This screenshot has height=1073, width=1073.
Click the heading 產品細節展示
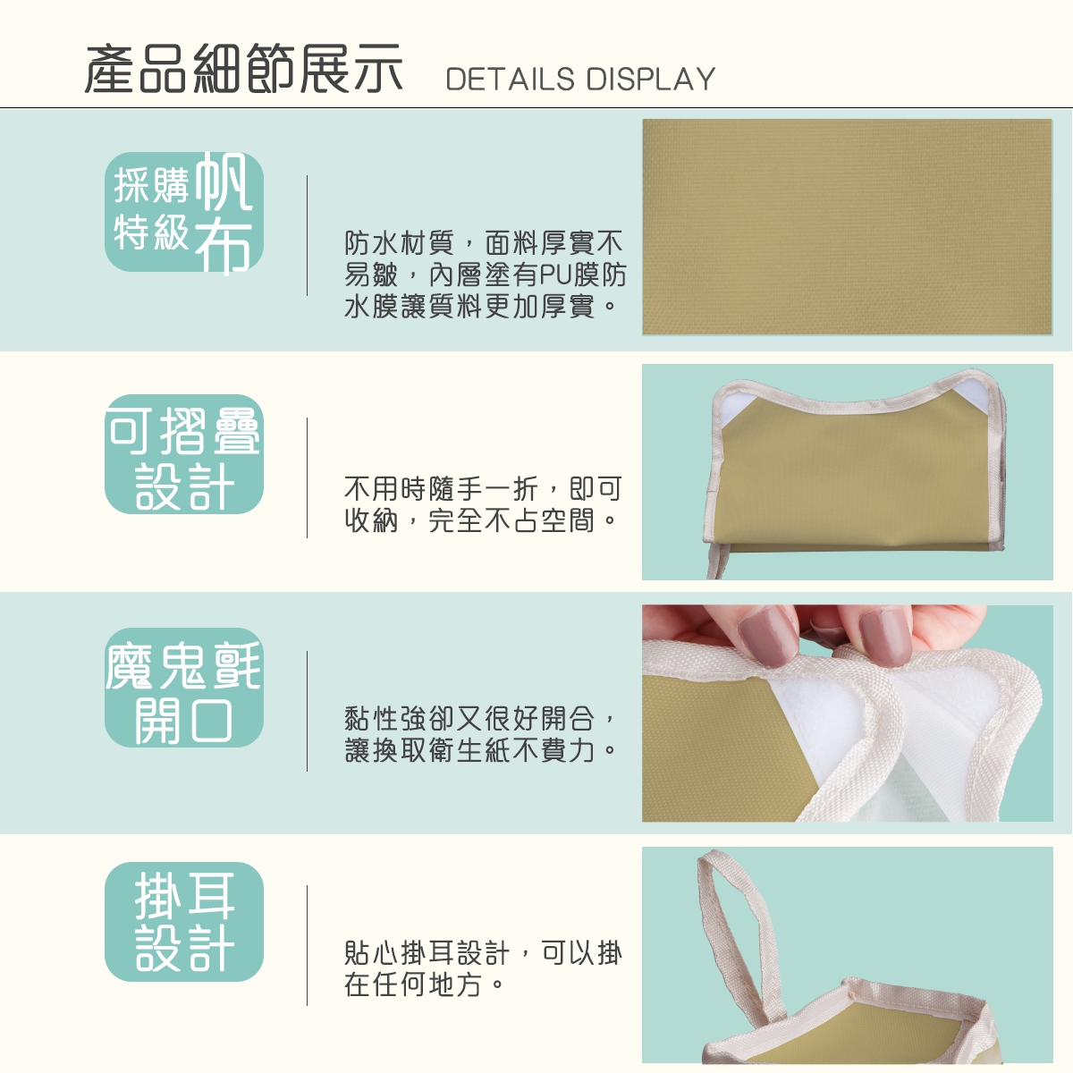[243, 69]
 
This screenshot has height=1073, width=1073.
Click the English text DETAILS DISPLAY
[580, 79]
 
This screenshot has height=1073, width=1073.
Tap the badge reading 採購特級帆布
[184, 212]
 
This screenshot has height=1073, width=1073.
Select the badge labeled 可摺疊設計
[184, 454]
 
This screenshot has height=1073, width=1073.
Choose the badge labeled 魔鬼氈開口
[184, 688]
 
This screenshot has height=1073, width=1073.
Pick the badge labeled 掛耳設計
[184, 922]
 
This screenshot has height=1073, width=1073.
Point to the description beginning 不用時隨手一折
[483, 504]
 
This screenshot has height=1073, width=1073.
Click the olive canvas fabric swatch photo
[847, 226]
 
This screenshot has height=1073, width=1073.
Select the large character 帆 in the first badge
[224, 182]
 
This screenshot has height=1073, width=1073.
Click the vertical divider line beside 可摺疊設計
[307, 477]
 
